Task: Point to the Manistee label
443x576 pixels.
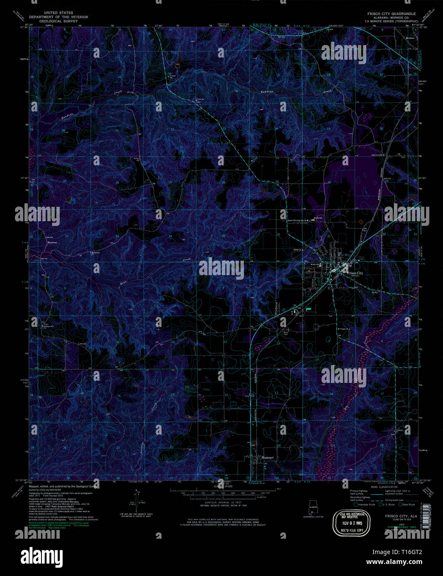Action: [x=52, y=242]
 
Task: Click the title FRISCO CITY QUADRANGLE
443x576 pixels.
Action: [x=388, y=14]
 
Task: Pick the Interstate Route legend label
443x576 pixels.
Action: [x=367, y=504]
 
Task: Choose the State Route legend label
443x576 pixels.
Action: [x=408, y=504]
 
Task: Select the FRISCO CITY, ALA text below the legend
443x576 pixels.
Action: [x=395, y=516]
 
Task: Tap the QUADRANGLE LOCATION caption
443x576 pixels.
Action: [x=313, y=517]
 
